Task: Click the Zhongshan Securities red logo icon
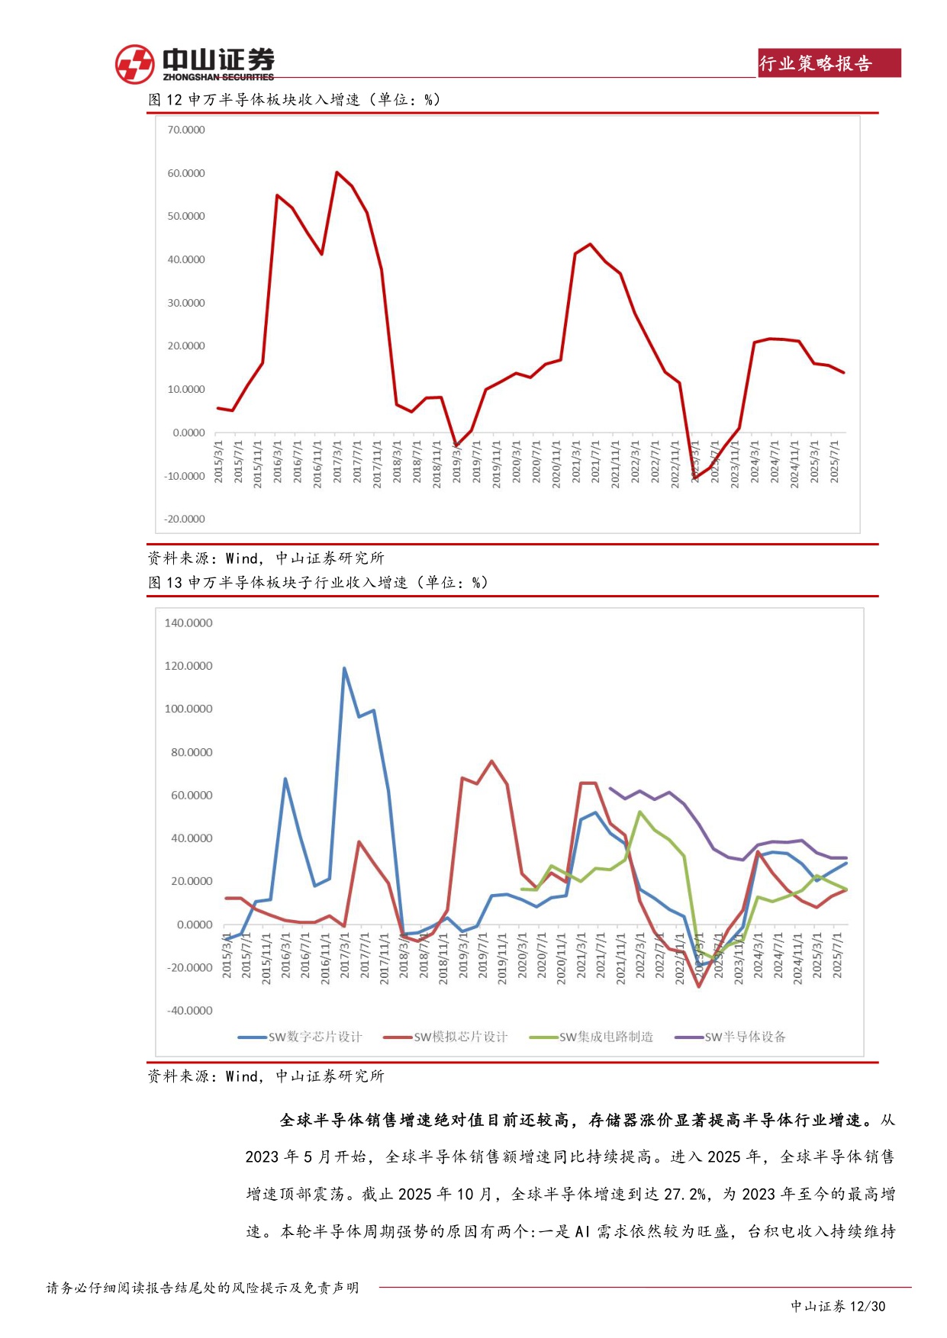(134, 64)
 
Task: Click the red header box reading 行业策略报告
(829, 63)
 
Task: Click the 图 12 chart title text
(294, 100)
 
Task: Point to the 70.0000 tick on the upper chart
(186, 130)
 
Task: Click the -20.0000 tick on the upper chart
(185, 519)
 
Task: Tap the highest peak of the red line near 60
(337, 172)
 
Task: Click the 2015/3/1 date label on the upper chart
(219, 462)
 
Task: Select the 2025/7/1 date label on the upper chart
(835, 462)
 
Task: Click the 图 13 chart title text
(317, 583)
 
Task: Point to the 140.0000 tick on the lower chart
(188, 623)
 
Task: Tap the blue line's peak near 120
(344, 668)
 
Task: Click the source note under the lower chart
(266, 1076)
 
